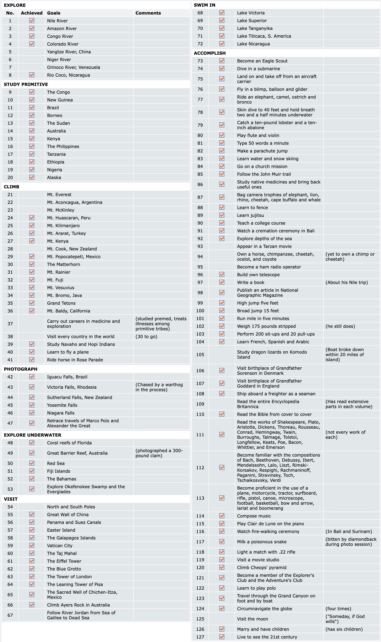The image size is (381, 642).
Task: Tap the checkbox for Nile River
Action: pyautogui.click(x=32, y=21)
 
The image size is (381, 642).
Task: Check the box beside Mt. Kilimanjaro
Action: pyautogui.click(x=32, y=225)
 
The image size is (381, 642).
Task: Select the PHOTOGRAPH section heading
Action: pyautogui.click(x=21, y=369)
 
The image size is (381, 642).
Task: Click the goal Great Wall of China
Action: pyautogui.click(x=68, y=515)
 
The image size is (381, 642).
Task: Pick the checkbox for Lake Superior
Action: pyautogui.click(x=222, y=21)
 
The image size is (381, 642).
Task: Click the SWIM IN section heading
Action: pyautogui.click(x=205, y=5)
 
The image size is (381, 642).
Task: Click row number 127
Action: pyautogui.click(x=200, y=637)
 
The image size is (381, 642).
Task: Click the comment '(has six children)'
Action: pyautogui.click(x=344, y=629)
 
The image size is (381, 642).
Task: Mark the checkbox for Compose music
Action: pyautogui.click(x=222, y=516)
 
